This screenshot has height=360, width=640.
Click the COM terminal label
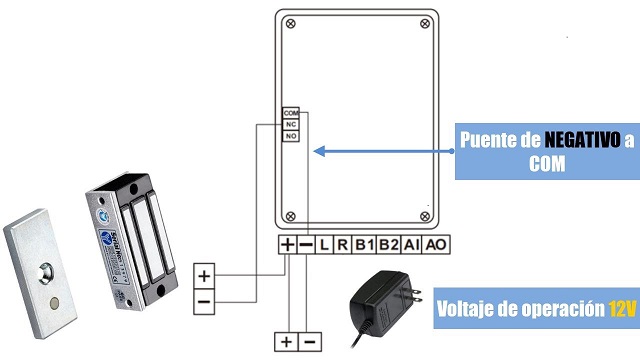pos(291,113)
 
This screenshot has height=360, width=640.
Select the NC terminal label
pos(291,124)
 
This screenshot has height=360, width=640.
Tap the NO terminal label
pos(291,135)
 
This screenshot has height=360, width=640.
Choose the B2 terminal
pos(389,245)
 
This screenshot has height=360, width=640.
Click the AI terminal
pos(412,245)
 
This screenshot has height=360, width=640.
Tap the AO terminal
pos(435,245)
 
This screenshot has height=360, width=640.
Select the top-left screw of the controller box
pos(290,23)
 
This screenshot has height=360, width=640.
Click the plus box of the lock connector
pos(205,275)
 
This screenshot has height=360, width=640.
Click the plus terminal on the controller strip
pos(288,245)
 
